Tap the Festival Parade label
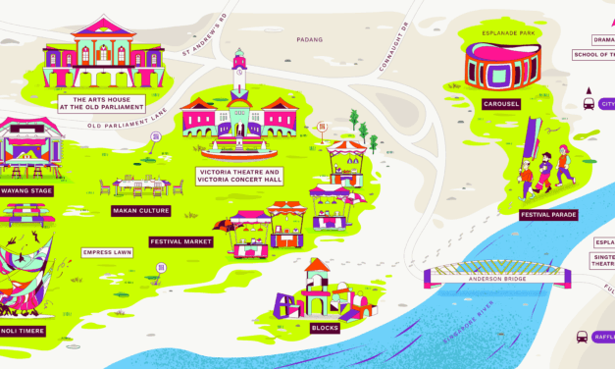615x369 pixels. [x=548, y=214]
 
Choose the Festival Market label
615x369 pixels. [x=180, y=241]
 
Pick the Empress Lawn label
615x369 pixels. [x=107, y=252]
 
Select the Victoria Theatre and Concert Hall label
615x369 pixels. [x=239, y=176]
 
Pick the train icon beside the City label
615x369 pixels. [x=589, y=102]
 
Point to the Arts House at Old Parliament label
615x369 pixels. [x=102, y=103]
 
